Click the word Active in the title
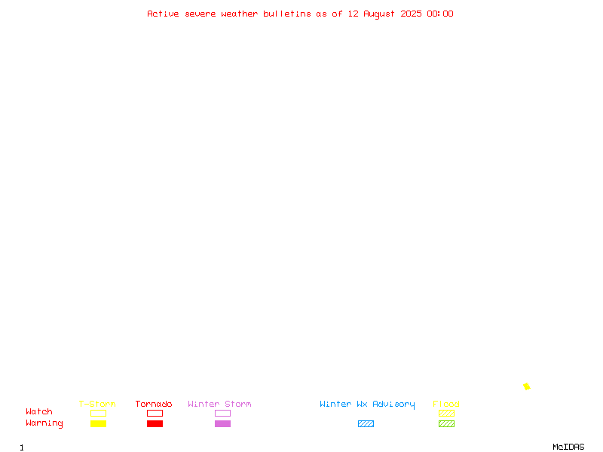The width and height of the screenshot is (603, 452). coord(163,14)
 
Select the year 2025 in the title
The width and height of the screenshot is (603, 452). coord(411,14)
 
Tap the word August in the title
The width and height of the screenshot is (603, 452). coord(379,14)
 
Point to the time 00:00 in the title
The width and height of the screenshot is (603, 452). coord(440,14)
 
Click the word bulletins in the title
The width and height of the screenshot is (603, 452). coord(287,14)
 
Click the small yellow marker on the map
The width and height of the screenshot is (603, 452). coord(526,386)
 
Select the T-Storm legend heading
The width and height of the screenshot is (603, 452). coord(97,404)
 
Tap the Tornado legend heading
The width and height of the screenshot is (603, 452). coord(154,404)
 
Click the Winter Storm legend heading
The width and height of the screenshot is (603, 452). coord(219,404)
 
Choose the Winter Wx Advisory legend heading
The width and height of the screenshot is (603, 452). coord(367,405)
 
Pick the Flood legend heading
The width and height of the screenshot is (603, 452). coord(445,404)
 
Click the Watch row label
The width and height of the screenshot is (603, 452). coord(39,411)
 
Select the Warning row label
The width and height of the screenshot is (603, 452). coord(44,423)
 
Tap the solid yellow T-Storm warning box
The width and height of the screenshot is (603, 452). coord(99,423)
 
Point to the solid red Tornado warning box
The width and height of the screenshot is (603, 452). coord(155,423)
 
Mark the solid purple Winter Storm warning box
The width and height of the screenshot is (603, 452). coord(222,423)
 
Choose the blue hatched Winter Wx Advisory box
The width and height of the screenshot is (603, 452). coord(366,423)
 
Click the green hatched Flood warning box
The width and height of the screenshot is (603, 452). coord(446,423)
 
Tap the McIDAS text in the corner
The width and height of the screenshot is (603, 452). coord(568,447)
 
